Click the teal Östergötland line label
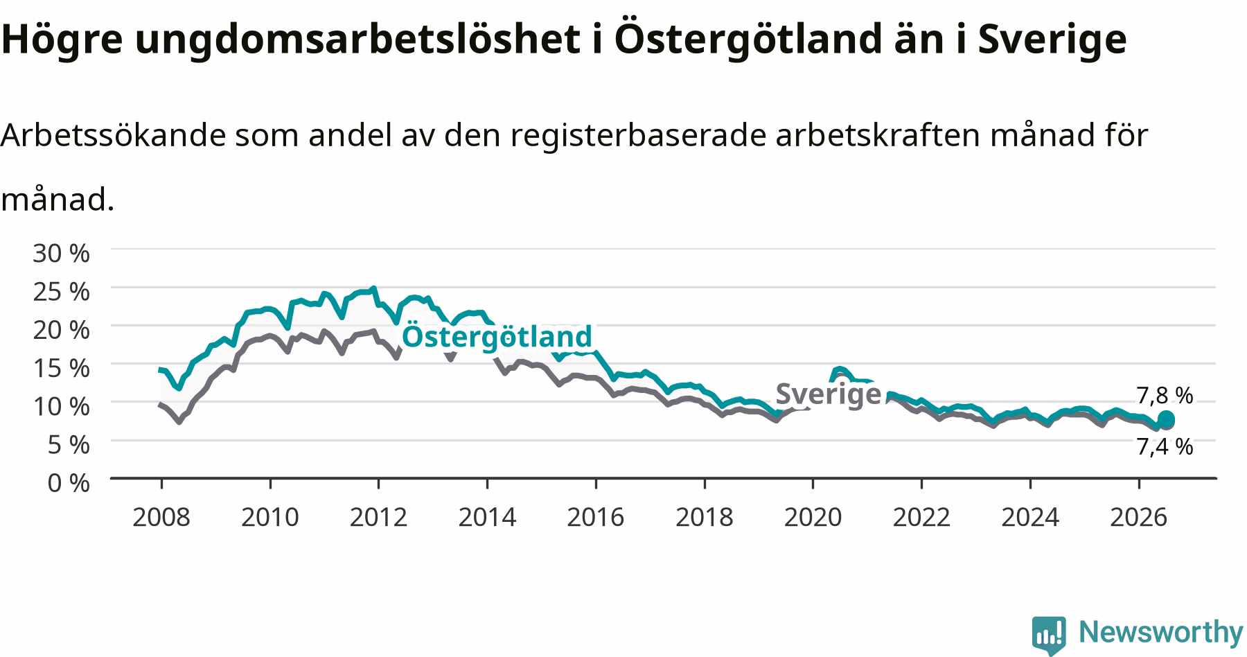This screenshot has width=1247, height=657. [x=497, y=336]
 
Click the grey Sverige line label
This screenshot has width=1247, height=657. [x=828, y=394]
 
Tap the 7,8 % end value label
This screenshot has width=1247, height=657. [x=1165, y=396]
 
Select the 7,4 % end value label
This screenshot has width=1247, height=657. [x=1165, y=446]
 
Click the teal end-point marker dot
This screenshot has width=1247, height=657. [x=1167, y=419]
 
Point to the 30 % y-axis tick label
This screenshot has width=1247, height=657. [x=62, y=254]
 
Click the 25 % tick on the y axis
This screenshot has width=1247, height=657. [x=62, y=292]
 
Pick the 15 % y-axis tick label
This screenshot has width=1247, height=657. [x=62, y=368]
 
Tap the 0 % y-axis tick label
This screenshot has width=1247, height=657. [x=69, y=482]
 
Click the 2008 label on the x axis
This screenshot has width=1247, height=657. [x=161, y=517]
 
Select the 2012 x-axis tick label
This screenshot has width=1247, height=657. [x=379, y=517]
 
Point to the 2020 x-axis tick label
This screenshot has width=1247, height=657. [x=813, y=517]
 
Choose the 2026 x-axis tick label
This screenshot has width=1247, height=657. [x=1139, y=517]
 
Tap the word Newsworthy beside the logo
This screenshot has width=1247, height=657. [x=1161, y=632]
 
